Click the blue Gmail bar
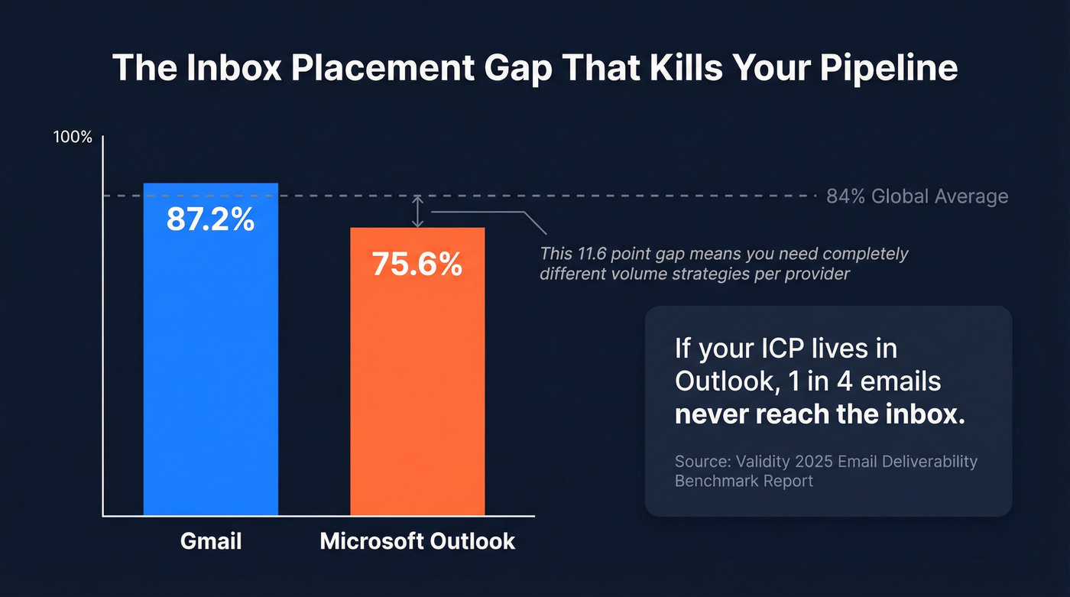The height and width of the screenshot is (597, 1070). tap(210, 367)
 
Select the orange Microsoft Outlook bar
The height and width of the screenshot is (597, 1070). tap(417, 390)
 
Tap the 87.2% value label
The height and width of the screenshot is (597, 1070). tap(210, 220)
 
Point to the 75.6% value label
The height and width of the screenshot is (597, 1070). tap(417, 264)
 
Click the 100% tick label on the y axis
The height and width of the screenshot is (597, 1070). tap(73, 138)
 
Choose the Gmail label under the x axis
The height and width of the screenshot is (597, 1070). tap(211, 541)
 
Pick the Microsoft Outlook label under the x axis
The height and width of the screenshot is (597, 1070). tap(417, 541)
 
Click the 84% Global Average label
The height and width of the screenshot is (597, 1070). tap(917, 196)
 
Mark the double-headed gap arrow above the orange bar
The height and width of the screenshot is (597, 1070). tap(417, 212)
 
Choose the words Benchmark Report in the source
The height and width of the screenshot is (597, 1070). tap(744, 481)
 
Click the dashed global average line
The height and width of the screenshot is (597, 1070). tap(611, 196)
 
